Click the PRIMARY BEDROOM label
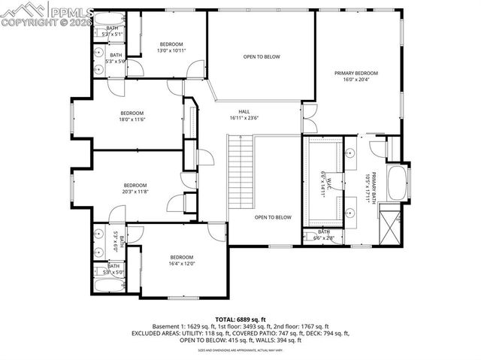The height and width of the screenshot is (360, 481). [356, 76]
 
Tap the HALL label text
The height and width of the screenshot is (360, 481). [244, 115]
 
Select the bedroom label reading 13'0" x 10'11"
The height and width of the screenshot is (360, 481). [171, 47]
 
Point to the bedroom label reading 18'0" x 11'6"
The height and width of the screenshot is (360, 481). [132, 116]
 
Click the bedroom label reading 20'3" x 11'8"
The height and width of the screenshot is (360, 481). [135, 189]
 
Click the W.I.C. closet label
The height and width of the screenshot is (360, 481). [324, 183]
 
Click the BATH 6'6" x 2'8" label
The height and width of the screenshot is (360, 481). [324, 234]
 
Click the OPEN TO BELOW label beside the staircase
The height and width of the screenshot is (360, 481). [272, 217]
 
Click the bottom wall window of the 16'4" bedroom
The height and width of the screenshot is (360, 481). [178, 297]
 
